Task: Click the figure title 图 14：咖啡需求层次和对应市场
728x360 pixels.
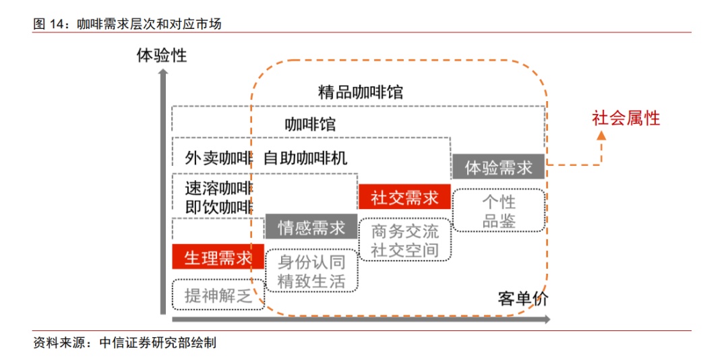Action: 127,24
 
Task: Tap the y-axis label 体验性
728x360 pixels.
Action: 162,55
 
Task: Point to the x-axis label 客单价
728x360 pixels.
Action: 523,299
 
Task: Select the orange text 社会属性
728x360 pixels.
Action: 626,119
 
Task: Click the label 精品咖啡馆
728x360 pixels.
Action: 361,92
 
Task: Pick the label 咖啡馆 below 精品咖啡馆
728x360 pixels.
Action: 310,125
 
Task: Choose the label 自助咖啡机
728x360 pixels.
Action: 305,158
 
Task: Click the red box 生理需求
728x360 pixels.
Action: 218,258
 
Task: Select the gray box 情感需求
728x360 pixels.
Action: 311,227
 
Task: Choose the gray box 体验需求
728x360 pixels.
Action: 498,167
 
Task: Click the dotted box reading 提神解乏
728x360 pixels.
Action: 218,294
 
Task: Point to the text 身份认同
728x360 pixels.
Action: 311,262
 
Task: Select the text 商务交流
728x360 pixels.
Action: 404,231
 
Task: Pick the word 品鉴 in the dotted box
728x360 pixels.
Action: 499,220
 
